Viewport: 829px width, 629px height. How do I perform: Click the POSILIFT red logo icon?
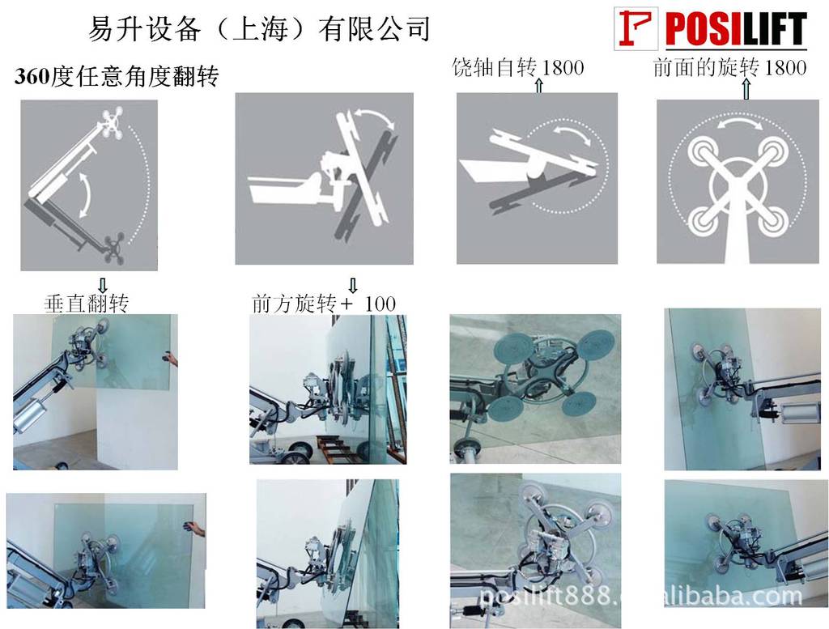[x=636, y=28]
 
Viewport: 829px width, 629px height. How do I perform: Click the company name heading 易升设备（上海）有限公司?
[x=258, y=28]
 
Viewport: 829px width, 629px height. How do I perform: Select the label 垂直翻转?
[x=87, y=304]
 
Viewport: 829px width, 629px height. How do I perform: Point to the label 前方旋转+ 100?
[x=324, y=304]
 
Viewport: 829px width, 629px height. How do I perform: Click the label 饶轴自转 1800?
[x=518, y=68]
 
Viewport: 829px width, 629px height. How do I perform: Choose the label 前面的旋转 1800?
[x=729, y=68]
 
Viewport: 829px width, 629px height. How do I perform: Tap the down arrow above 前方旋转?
[x=353, y=286]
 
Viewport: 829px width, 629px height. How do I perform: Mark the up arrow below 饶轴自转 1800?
[x=538, y=86]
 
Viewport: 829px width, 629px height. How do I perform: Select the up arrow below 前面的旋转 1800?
[x=746, y=89]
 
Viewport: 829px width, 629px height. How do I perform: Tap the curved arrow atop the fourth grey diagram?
[x=739, y=122]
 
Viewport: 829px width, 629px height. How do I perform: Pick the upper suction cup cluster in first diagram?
[x=113, y=123]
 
